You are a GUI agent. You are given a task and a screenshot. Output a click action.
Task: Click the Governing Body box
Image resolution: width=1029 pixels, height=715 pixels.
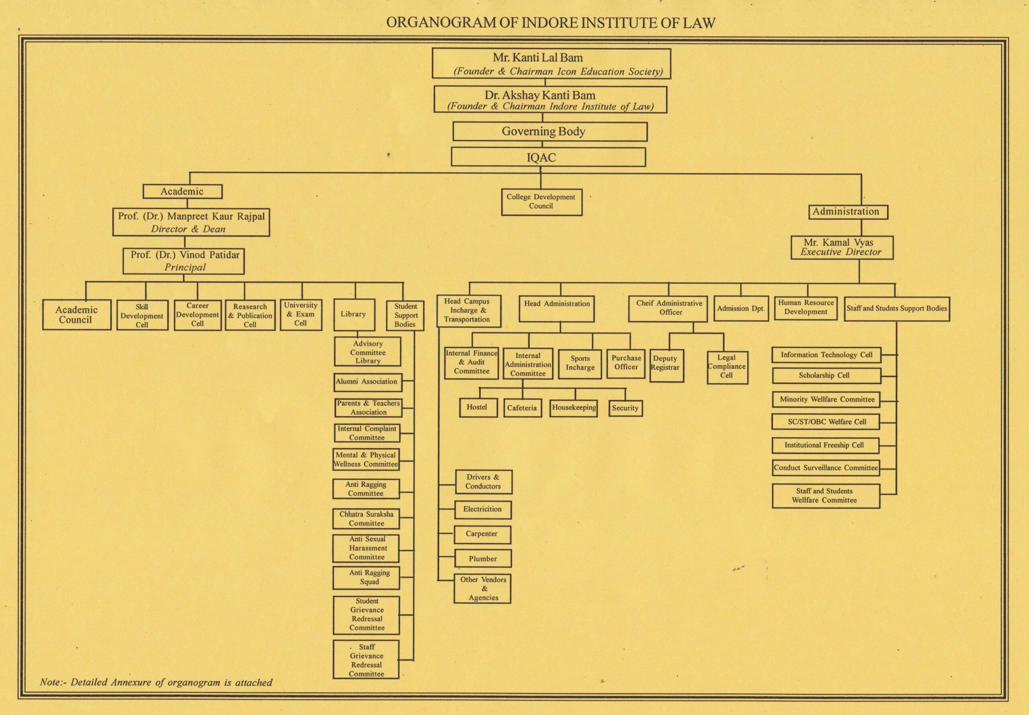pyautogui.click(x=550, y=132)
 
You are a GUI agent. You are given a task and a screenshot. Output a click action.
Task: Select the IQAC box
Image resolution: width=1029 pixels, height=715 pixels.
pyautogui.click(x=548, y=157)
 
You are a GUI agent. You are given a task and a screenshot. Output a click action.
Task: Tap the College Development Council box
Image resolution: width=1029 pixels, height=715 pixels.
pyautogui.click(x=541, y=202)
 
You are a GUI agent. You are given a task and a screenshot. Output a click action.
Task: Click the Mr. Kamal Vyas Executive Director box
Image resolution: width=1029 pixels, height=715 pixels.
pyautogui.click(x=842, y=247)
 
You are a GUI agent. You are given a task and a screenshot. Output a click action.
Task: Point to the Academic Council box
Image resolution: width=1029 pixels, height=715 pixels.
pyautogui.click(x=77, y=315)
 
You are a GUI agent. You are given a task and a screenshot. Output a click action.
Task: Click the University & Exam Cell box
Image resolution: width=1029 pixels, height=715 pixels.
pyautogui.click(x=301, y=315)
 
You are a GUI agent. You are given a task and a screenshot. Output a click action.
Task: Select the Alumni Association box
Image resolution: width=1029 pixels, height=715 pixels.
pyautogui.click(x=367, y=382)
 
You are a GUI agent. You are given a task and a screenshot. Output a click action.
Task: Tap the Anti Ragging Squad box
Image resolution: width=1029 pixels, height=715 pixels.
pyautogui.click(x=366, y=578)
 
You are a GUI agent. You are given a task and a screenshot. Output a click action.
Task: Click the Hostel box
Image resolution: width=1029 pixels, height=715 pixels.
pyautogui.click(x=478, y=408)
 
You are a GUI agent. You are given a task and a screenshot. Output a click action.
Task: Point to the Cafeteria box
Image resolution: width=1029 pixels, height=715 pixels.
pyautogui.click(x=522, y=408)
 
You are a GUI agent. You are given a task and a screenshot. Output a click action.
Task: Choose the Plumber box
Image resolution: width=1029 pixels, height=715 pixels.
pyautogui.click(x=483, y=559)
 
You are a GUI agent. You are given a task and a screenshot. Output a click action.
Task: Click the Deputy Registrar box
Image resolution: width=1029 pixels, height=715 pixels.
pyautogui.click(x=666, y=366)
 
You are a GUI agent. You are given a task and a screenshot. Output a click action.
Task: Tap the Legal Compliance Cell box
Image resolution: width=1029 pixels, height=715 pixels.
pyautogui.click(x=728, y=368)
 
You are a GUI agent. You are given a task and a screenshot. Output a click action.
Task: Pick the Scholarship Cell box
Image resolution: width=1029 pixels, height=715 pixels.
pyautogui.click(x=826, y=376)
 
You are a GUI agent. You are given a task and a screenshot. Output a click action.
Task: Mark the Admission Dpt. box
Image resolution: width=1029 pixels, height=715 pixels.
pyautogui.click(x=741, y=308)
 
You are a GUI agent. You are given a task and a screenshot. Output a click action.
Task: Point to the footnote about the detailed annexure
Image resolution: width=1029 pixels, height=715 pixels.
pyautogui.click(x=156, y=682)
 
